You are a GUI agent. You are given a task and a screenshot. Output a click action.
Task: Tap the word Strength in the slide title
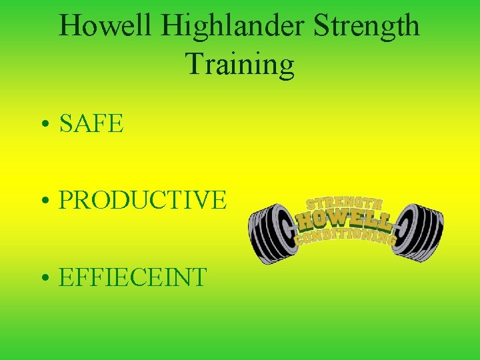[367, 27]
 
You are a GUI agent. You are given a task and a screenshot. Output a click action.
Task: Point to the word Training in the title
[240, 65]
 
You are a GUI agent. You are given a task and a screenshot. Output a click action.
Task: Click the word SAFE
[92, 124]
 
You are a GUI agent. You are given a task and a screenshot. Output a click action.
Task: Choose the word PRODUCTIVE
[143, 200]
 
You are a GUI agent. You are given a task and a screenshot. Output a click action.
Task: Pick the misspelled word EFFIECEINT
[133, 277]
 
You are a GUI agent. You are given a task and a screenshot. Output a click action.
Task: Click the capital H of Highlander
[170, 27]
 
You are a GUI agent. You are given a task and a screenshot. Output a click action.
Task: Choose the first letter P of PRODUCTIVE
[66, 200]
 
